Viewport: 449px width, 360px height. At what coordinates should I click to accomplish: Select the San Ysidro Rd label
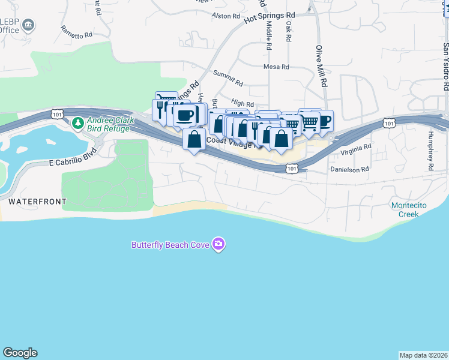(445, 66)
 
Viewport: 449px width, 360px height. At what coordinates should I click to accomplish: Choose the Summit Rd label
(228, 78)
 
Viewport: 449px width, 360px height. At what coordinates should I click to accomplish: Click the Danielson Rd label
(349, 170)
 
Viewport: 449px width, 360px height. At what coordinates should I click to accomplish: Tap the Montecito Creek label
(409, 209)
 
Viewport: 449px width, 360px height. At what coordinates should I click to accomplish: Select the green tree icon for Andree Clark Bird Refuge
(77, 124)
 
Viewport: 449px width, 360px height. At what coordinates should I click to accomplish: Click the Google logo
(20, 353)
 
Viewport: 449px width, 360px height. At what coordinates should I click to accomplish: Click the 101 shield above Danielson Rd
(291, 169)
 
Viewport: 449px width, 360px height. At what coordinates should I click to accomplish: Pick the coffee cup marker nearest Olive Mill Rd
(324, 121)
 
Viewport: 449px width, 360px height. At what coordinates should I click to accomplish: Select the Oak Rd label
(289, 31)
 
